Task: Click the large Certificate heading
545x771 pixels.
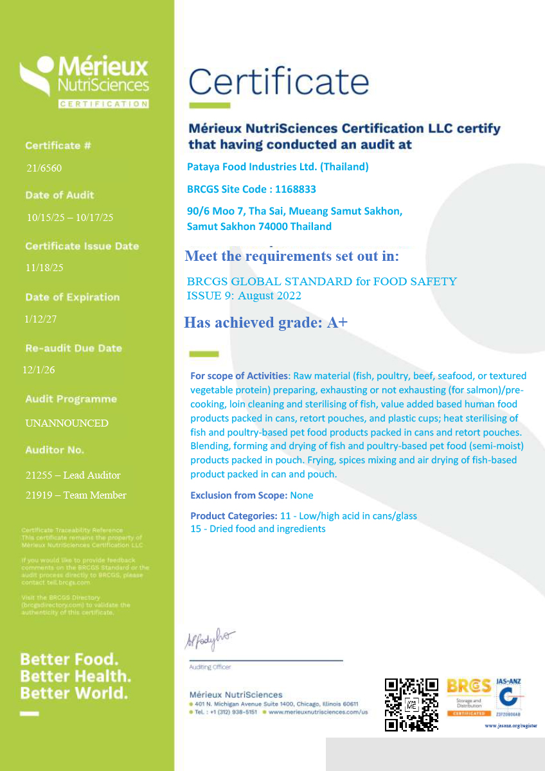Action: click(278, 82)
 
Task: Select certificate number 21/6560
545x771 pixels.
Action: click(44, 168)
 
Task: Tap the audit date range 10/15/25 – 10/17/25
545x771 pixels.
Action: click(70, 218)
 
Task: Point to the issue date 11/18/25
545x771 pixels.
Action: click(44, 268)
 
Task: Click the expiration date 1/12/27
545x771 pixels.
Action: click(40, 319)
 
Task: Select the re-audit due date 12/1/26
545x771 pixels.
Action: click(40, 370)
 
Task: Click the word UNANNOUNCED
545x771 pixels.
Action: click(67, 423)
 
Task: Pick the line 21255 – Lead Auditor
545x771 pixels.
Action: click(73, 475)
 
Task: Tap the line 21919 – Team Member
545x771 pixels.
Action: click(76, 495)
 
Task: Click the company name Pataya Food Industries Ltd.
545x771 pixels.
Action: click(278, 167)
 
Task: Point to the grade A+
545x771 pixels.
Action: click(337, 323)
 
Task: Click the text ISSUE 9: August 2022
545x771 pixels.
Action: click(244, 296)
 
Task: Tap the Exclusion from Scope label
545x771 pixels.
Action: click(238, 495)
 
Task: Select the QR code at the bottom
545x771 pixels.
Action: click(411, 704)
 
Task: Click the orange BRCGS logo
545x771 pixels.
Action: click(469, 696)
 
